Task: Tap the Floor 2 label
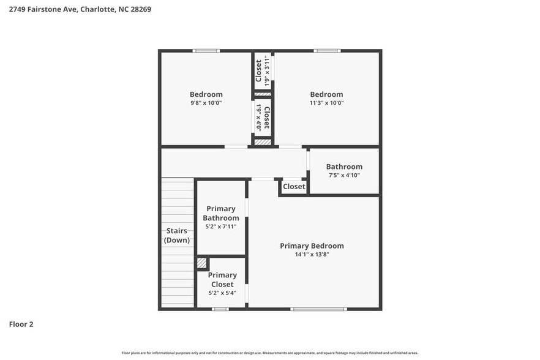pyautogui.click(x=21, y=324)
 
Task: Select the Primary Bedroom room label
pyautogui.click(x=312, y=246)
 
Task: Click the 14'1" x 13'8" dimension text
pyautogui.click(x=312, y=254)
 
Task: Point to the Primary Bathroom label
pyautogui.click(x=221, y=213)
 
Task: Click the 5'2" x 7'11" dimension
pyautogui.click(x=221, y=227)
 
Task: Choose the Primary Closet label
pyautogui.click(x=222, y=280)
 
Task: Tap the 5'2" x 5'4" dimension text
pyautogui.click(x=222, y=293)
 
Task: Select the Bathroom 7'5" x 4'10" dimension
pyautogui.click(x=344, y=175)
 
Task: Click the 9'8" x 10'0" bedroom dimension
pyautogui.click(x=206, y=103)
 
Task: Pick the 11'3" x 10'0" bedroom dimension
pyautogui.click(x=326, y=103)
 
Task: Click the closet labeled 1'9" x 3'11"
pyautogui.click(x=263, y=70)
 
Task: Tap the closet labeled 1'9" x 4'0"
pyautogui.click(x=263, y=117)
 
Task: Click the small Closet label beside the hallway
pyautogui.click(x=294, y=186)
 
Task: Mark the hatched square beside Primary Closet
pyautogui.click(x=201, y=263)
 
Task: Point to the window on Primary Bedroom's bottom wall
pyautogui.click(x=318, y=309)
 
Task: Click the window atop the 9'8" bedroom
pyautogui.click(x=206, y=51)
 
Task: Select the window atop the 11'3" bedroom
pyautogui.click(x=327, y=51)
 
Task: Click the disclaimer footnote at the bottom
pyautogui.click(x=270, y=353)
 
